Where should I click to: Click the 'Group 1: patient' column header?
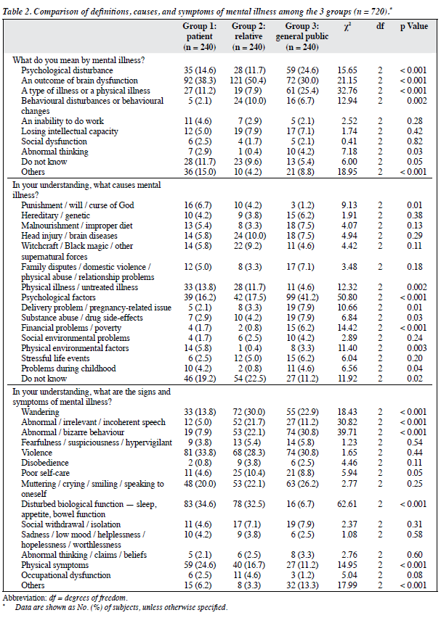[199, 36]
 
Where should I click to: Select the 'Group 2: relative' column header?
[248, 36]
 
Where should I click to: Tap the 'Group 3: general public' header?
[302, 36]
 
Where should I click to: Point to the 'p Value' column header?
[414, 26]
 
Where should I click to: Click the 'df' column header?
[380, 26]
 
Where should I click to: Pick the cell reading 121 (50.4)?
[248, 81]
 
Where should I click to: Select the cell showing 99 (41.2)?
[302, 297]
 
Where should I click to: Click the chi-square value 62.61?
[347, 503]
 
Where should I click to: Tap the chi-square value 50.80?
[347, 297]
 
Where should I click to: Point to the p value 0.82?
[415, 141]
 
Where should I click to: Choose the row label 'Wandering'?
[40, 412]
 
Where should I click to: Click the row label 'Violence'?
[36, 453]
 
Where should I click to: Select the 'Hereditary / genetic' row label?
[55, 215]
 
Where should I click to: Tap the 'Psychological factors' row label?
[58, 297]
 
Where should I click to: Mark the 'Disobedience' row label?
[44, 463]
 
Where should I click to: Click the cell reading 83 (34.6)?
[200, 503]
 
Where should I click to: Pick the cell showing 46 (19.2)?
[200, 379]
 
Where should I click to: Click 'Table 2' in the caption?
[17, 11]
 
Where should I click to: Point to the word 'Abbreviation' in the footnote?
[25, 598]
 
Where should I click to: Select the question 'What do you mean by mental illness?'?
[78, 60]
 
